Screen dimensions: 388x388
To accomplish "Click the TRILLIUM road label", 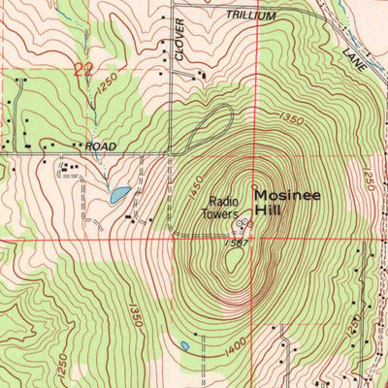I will [x=250, y=17].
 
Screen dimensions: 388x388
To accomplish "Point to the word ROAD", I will [x=100, y=146].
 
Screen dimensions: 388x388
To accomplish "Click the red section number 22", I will [x=83, y=69].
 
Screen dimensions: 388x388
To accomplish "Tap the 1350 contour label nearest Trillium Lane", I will [x=288, y=119].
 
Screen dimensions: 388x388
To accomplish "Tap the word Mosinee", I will [x=288, y=194].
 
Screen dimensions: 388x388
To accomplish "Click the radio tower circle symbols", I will [x=244, y=224].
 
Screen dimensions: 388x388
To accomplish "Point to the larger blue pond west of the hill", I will [x=119, y=195].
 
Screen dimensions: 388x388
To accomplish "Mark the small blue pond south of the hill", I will [x=183, y=344].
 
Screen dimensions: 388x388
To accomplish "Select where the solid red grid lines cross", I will [x=256, y=239].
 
